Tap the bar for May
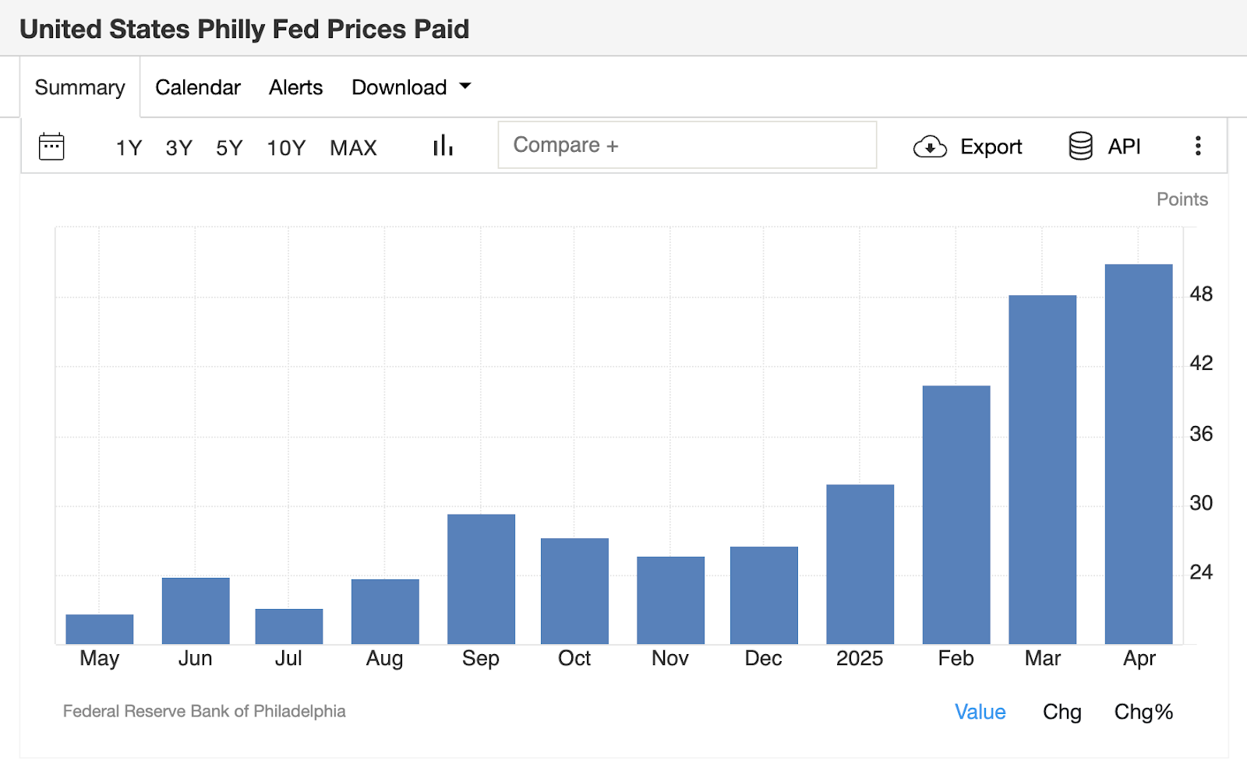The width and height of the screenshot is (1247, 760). point(100,629)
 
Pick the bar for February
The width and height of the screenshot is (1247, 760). point(956,515)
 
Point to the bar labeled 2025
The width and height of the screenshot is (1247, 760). point(860,564)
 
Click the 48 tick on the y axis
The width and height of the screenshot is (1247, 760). point(1201,294)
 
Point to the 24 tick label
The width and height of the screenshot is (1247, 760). point(1201,572)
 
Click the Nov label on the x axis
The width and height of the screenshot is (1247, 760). point(669,659)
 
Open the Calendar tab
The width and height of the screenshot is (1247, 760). point(198,87)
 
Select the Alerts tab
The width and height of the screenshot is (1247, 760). point(295,87)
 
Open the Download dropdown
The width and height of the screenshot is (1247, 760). point(411,87)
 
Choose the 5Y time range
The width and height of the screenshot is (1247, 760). point(229,147)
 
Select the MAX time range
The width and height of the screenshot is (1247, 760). point(353,147)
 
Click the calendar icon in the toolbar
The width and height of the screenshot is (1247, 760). point(51,146)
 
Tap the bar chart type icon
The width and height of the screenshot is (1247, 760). point(443,146)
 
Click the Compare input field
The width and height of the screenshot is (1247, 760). point(687,145)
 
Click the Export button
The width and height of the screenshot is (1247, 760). point(967,146)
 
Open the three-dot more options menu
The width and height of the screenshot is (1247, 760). point(1198,146)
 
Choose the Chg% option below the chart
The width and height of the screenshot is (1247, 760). point(1143,712)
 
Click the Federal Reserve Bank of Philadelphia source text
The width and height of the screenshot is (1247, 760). point(204,711)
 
